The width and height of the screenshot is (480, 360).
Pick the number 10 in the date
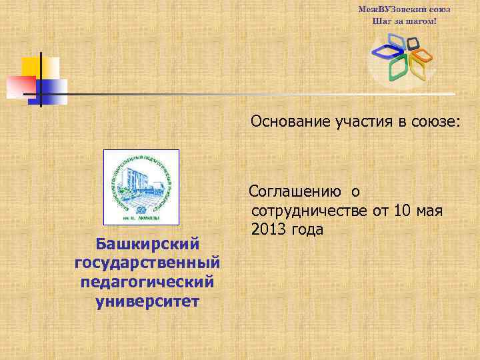click(x=403, y=211)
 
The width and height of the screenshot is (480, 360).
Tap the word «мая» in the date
click(x=431, y=211)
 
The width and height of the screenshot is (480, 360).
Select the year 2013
click(x=269, y=230)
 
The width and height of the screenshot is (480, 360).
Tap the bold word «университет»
click(x=147, y=301)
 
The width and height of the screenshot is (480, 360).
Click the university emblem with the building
click(x=141, y=187)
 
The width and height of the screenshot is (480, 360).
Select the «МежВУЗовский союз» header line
click(x=404, y=10)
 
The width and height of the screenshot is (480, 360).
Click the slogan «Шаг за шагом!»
click(x=404, y=21)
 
